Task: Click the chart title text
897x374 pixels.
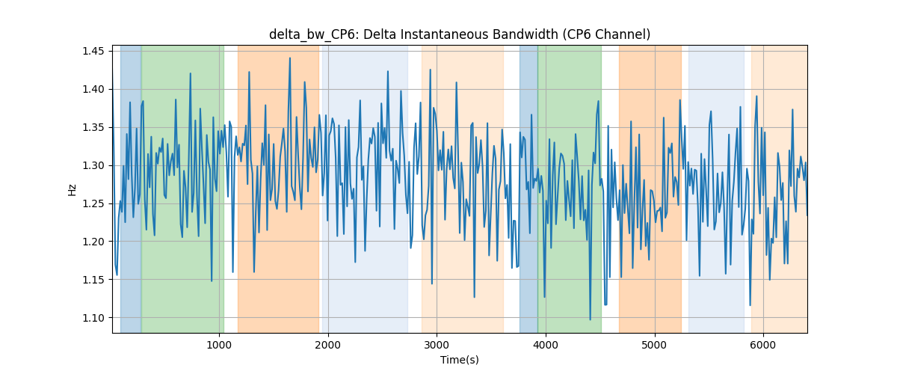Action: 460,34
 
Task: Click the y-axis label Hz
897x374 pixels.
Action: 72,189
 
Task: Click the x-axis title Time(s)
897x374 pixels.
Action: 460,360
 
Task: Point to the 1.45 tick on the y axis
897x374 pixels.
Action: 93,52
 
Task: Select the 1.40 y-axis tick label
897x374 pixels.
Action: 93,90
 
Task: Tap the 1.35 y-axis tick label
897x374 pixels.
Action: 93,127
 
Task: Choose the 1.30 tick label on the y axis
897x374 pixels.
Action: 93,165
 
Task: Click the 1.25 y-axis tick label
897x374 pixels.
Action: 93,203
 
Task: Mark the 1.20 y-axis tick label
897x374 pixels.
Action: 93,242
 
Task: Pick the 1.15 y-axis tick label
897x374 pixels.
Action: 93,280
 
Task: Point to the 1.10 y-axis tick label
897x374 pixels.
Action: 93,318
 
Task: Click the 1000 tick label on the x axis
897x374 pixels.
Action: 219,345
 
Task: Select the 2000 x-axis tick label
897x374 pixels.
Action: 328,345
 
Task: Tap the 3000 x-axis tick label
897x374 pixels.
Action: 437,345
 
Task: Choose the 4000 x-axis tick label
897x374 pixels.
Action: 546,345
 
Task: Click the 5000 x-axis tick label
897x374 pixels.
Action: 655,345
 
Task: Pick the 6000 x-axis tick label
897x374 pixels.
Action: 764,345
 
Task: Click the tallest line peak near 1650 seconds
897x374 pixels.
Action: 290,58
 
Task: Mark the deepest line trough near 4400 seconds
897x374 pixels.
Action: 591,319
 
